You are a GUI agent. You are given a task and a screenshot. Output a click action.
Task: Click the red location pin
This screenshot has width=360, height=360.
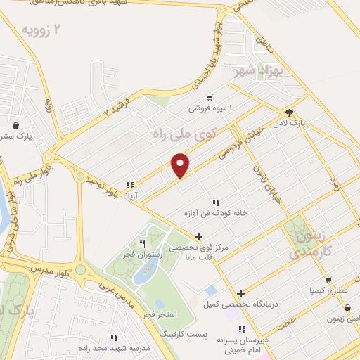tap(181, 165)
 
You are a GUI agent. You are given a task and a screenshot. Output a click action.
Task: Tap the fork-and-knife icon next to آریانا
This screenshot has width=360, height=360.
tap(129, 186)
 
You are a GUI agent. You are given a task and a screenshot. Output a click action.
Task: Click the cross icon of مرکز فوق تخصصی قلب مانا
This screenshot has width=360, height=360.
tap(199, 236)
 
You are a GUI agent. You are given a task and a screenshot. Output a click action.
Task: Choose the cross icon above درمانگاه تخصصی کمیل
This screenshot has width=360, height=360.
tap(240, 294)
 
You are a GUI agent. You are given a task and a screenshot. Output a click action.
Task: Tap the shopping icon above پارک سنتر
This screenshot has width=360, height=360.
tap(15, 126)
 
